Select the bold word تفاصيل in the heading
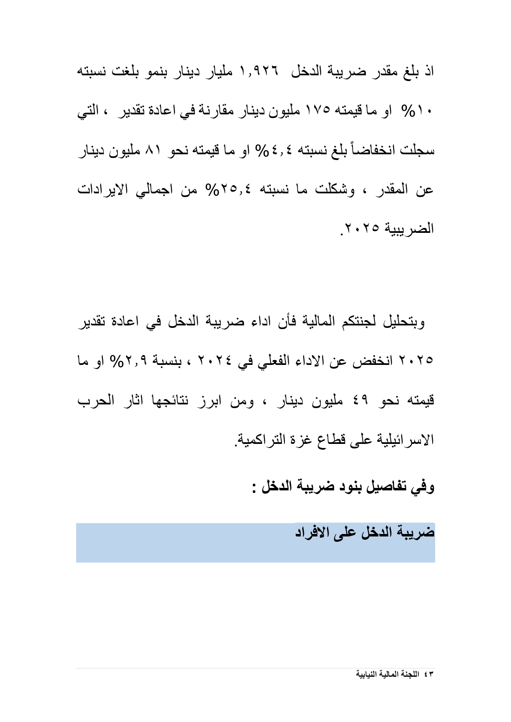pos(383,487)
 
